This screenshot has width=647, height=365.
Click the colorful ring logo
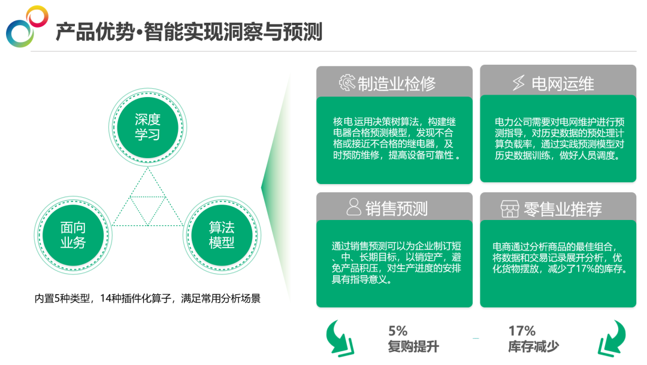27,26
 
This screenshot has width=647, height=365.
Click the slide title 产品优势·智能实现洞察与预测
189,32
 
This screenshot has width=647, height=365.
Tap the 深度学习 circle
147,126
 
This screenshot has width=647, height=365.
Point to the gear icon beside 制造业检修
347,83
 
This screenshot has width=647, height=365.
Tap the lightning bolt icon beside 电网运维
518,83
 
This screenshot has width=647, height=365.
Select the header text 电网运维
563,83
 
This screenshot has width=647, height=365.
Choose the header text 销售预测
396,208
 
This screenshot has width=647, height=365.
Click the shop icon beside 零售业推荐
510,209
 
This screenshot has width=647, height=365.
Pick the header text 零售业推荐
563,209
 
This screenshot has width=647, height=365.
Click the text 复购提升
413,346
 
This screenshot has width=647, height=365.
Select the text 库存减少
533,346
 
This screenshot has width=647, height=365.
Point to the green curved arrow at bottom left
339,338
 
